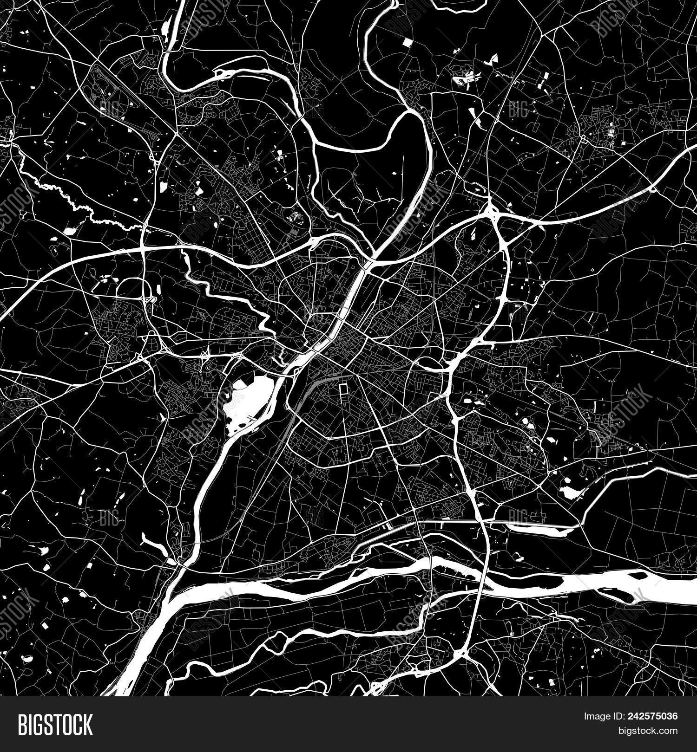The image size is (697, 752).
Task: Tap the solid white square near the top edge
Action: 408,43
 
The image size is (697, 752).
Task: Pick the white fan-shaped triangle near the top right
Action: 493,59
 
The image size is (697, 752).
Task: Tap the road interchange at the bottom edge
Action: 460,655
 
